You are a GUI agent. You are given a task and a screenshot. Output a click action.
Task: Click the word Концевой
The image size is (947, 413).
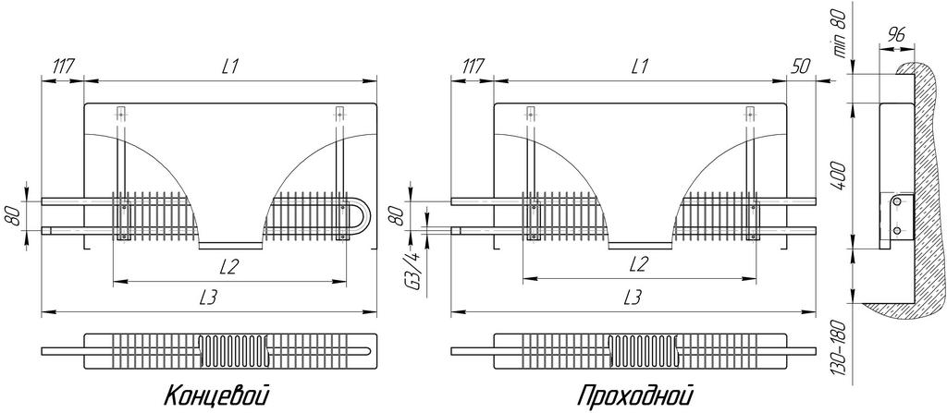215,396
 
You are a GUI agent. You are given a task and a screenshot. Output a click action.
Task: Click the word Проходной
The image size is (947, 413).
634,396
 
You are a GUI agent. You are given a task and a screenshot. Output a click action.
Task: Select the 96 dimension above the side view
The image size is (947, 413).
896,35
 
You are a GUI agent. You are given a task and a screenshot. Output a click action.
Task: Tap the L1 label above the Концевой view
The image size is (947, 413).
229,67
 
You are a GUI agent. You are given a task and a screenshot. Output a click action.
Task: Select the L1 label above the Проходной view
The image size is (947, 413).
640,67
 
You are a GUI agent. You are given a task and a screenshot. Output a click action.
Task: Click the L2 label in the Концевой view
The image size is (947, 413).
228,266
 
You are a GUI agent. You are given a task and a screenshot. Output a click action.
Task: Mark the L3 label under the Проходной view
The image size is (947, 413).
633,298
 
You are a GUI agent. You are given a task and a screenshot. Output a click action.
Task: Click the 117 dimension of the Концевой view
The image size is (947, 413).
62,67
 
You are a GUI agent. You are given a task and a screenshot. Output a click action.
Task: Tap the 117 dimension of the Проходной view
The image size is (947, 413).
473,67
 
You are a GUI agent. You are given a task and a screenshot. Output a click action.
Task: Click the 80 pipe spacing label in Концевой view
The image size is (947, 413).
15,215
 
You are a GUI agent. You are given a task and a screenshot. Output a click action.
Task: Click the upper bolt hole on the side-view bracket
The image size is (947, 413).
897,200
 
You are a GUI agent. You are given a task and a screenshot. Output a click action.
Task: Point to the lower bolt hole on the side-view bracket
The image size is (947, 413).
897,231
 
